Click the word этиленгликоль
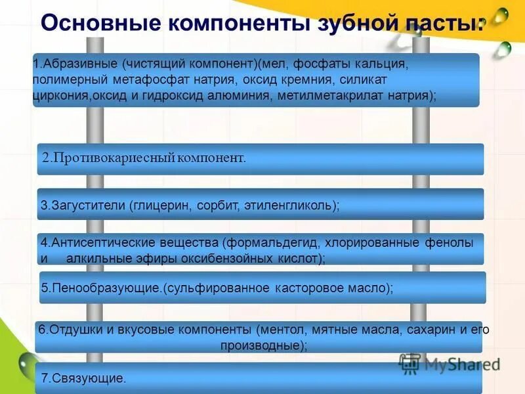[x=291, y=205]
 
